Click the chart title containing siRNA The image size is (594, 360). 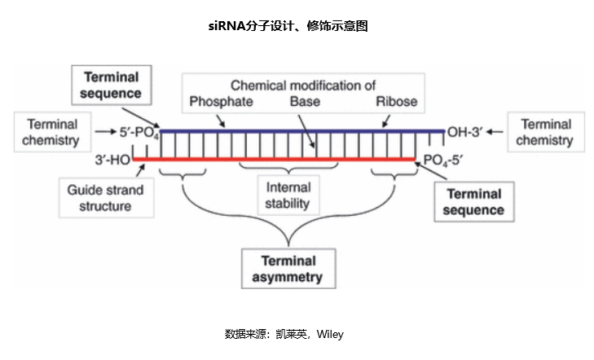pos(288,26)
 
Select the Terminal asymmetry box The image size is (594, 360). pos(288,269)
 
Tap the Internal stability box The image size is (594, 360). pos(288,195)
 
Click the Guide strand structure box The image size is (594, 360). pos(106,198)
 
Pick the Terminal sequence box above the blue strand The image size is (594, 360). pos(112,85)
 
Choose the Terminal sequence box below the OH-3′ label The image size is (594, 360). pos(474,202)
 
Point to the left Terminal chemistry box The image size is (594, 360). pos(52,132)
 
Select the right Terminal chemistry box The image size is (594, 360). pos(546,132)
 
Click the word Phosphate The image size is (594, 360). pos(222,102)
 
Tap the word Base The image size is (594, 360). pos(305,102)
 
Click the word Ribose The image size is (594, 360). pos(397,102)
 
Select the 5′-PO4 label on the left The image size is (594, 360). pos(139,132)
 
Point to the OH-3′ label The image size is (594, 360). pos(464,132)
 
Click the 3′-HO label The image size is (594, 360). pos(112,160)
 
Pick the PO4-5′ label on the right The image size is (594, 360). pos(442,160)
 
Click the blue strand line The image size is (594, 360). pos(302,131)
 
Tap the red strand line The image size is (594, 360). pos(274,160)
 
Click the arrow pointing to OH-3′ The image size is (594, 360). pos(495,132)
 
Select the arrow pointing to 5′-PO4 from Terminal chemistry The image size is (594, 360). pos(105,132)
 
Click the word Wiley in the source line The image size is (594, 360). pos(330,334)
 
